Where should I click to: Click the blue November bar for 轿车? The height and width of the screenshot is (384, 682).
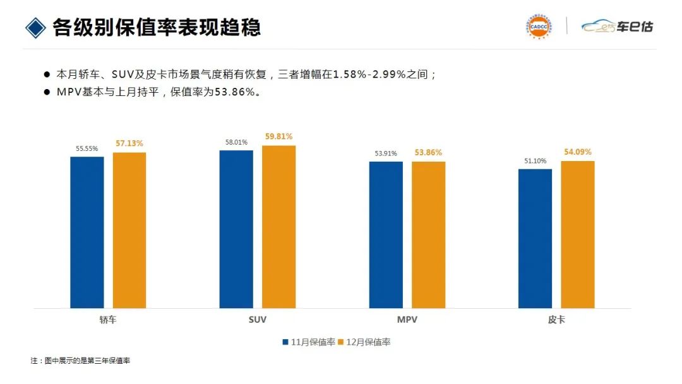pos(87,232)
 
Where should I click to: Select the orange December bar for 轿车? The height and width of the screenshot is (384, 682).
pos(129,230)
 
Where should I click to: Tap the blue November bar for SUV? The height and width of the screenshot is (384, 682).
pos(236,229)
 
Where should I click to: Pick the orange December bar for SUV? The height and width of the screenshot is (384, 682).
pos(278,227)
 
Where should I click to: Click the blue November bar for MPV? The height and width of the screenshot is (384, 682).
pos(386,235)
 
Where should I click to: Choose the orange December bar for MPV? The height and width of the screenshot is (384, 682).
pos(428,235)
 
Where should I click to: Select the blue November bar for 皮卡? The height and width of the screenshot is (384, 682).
pos(535,238)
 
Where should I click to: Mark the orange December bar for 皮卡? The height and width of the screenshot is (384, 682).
pos(577,234)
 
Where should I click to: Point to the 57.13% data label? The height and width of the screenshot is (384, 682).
pos(129,144)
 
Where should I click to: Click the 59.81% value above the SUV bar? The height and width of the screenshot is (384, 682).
pos(278,136)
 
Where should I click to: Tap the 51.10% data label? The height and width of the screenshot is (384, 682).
pos(535,161)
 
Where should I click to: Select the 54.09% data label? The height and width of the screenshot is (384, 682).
pos(577,152)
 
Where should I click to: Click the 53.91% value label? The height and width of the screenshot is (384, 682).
pos(386,153)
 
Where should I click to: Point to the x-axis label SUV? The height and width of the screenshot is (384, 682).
pos(258,320)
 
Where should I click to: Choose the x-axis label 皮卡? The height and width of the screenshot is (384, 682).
pos(556,320)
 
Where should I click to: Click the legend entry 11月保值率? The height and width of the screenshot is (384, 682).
pos(309,342)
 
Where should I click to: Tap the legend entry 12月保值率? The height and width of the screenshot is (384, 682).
pos(364,342)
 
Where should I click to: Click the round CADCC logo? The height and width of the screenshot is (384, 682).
pos(539,27)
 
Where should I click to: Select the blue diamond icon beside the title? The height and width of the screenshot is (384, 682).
pos(35,27)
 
